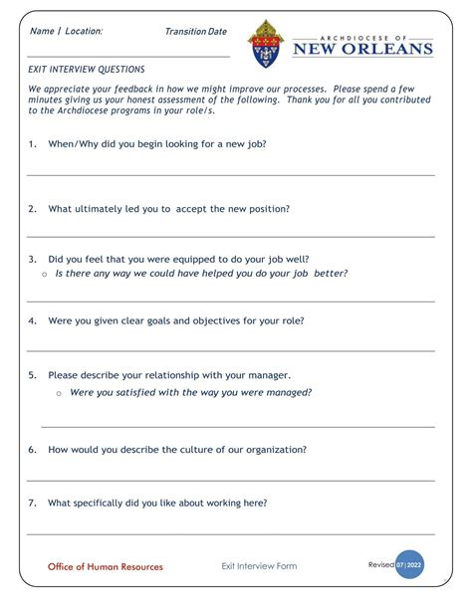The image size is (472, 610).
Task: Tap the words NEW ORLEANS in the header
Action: [x=362, y=49]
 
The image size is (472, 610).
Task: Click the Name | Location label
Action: [x=66, y=32]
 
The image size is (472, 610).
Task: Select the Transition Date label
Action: [x=195, y=32]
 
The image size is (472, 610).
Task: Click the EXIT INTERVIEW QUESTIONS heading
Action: [x=87, y=70]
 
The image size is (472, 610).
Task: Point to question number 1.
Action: [x=32, y=143]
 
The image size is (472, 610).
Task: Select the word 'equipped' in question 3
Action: [x=188, y=257]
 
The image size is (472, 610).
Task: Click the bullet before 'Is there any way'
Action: [x=45, y=274]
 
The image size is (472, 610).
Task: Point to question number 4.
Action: [x=32, y=320]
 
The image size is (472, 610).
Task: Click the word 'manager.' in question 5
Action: [x=267, y=375]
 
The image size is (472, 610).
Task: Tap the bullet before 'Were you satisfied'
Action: [x=59, y=393]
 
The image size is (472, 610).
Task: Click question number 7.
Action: [x=32, y=503]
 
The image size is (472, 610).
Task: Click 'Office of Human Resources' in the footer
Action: [x=106, y=566]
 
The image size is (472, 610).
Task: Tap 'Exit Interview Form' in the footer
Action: [x=259, y=566]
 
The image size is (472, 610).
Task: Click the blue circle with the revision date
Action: [x=409, y=564]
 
